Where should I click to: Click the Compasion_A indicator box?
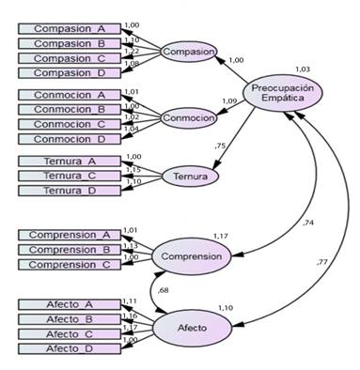[x=70, y=28]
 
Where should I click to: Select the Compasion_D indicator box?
[x=70, y=71]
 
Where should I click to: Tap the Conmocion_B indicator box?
[x=70, y=109]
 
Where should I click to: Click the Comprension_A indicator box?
[x=70, y=234]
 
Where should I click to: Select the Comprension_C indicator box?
[x=70, y=264]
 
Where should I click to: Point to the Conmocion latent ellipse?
[x=189, y=117]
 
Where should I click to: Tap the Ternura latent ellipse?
[x=190, y=176]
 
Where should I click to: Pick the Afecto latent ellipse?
[x=194, y=326]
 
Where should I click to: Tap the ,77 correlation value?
[x=322, y=260]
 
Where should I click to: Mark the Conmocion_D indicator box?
[x=70, y=138]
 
